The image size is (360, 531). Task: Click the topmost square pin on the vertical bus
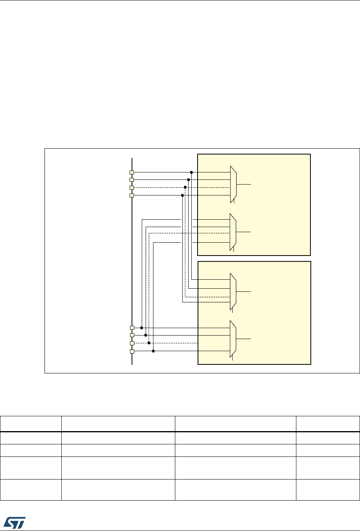(132, 172)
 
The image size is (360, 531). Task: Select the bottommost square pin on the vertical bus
(132, 352)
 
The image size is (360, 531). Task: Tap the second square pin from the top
(132, 180)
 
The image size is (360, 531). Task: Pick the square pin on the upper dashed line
(132, 188)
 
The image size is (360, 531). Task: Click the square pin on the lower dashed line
(132, 343)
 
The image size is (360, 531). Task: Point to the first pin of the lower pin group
(132, 328)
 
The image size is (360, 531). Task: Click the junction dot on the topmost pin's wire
(191, 172)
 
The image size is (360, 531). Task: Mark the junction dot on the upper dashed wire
(185, 188)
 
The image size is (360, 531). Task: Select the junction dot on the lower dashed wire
(149, 343)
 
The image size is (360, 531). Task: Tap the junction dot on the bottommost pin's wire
(153, 351)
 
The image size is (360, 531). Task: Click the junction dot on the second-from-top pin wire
(189, 180)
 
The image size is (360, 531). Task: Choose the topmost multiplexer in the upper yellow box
(233, 184)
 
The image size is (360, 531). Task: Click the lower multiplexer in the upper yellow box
(233, 232)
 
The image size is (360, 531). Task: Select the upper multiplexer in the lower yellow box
(233, 291)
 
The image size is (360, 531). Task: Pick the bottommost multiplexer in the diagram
(233, 339)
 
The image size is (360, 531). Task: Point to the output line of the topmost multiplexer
(244, 184)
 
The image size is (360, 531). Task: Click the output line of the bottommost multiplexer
(244, 339)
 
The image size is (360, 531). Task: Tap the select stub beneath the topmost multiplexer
(234, 202)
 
